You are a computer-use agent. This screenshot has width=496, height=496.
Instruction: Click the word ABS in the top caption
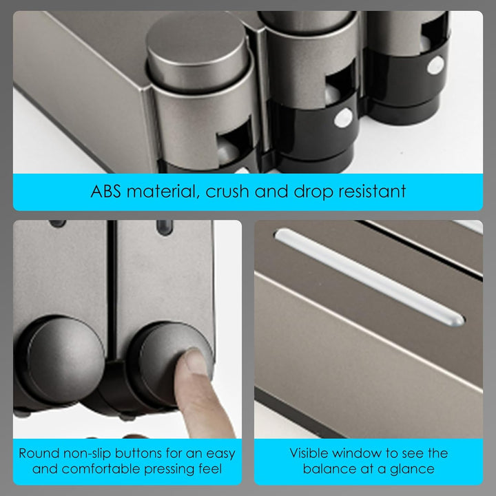tap(105, 191)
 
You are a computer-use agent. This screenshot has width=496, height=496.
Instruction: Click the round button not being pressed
tap(62, 360)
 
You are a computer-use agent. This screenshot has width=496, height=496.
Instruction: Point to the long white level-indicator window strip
tap(369, 278)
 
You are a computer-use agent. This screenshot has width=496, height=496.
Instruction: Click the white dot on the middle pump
tap(344, 118)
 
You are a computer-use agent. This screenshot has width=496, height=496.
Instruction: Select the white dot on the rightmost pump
tap(435, 65)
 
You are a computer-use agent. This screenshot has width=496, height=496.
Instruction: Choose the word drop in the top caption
tap(313, 191)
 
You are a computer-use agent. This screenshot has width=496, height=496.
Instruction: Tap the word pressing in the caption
tap(169, 469)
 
